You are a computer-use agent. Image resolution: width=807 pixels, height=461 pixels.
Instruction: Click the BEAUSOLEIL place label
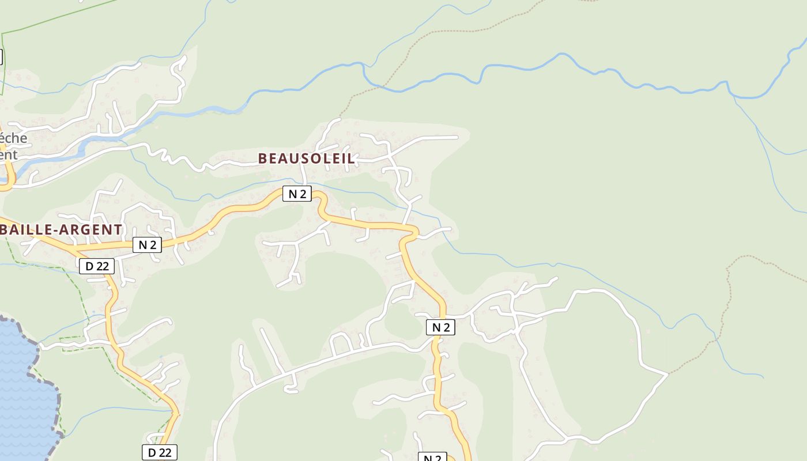306,158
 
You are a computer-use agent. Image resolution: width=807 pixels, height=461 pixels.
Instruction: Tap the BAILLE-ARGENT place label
61,229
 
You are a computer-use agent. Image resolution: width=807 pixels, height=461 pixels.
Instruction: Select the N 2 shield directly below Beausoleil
297,194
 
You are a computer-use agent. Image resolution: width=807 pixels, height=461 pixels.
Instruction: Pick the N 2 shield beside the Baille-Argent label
147,245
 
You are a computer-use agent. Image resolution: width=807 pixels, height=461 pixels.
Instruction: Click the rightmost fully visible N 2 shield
440,327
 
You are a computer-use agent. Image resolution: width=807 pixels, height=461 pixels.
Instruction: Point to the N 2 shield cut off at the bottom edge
432,458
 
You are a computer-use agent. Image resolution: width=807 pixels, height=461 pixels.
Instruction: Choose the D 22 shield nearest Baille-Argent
97,266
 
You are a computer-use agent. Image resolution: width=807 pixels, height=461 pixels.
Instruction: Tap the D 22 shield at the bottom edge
159,452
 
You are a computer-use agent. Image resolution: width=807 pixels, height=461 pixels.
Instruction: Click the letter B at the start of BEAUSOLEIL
262,158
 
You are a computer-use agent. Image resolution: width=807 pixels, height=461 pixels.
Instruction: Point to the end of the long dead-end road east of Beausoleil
457,137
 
